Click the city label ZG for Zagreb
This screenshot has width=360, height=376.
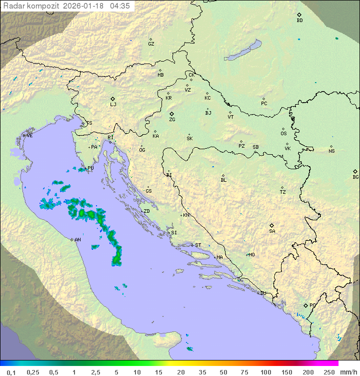click(x=172, y=120)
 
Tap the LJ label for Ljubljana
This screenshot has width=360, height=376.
click(x=113, y=105)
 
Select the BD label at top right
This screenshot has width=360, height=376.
click(x=299, y=21)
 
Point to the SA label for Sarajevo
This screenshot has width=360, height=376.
click(x=272, y=231)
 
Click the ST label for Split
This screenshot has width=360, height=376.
click(x=198, y=245)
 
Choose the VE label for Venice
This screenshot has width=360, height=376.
click(x=29, y=136)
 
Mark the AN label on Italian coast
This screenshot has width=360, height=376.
click(x=77, y=240)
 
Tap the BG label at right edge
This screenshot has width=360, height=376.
click(x=355, y=177)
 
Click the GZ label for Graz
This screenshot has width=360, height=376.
click(x=151, y=44)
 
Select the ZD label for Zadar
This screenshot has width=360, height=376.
click(x=146, y=211)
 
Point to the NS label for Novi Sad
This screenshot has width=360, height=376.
click(x=331, y=151)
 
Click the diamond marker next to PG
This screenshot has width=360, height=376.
click(x=306, y=305)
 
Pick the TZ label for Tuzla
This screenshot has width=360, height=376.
click(x=283, y=192)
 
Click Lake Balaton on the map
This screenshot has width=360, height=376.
click(x=243, y=51)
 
